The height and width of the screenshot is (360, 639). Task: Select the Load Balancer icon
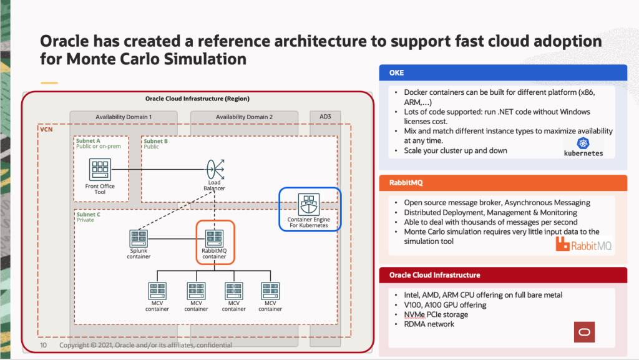(x=214, y=168)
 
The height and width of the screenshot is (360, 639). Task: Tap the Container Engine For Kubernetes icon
(x=308, y=203)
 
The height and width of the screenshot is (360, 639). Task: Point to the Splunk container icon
(x=138, y=238)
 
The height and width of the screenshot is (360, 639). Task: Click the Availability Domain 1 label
(x=124, y=117)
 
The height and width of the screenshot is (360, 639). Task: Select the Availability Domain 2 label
(x=244, y=117)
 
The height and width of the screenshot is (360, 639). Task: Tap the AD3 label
(x=326, y=117)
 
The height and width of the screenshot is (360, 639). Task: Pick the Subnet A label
(x=88, y=142)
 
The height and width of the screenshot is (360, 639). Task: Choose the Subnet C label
(x=88, y=215)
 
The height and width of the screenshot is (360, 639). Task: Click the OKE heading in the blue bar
(x=396, y=72)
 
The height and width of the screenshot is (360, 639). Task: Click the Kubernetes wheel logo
(x=583, y=143)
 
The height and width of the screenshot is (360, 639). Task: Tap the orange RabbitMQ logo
(x=583, y=245)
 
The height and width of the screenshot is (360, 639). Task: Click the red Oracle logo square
(x=584, y=332)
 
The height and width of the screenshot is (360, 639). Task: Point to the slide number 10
(x=44, y=345)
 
